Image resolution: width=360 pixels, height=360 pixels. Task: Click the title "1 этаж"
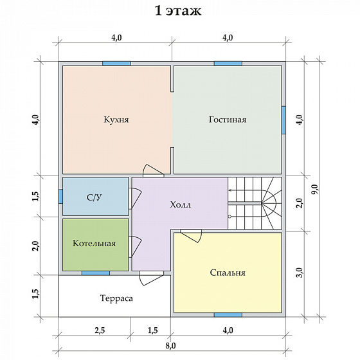click(x=178, y=10)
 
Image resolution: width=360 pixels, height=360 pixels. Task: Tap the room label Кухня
click(x=116, y=120)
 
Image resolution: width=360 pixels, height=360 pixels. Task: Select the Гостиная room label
click(x=228, y=120)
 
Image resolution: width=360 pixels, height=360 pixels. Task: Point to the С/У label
click(x=94, y=197)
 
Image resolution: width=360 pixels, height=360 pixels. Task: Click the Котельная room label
click(x=94, y=244)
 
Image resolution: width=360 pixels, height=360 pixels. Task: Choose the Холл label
click(x=180, y=204)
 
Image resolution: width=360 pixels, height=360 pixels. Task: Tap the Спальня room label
click(x=228, y=273)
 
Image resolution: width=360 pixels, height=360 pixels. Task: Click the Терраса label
click(x=116, y=298)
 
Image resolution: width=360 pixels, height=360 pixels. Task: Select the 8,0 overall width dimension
click(x=170, y=346)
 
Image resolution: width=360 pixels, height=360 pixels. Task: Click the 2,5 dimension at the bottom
click(x=100, y=330)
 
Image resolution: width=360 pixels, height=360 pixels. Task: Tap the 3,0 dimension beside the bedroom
click(x=300, y=273)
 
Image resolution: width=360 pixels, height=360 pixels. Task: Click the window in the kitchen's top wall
click(x=116, y=64)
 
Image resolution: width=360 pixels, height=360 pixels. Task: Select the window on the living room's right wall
click(x=283, y=120)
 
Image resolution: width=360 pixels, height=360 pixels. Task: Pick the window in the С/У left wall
click(x=60, y=196)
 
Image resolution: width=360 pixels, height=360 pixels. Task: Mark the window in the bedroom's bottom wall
click(x=228, y=315)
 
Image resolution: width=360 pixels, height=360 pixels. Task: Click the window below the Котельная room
click(x=96, y=273)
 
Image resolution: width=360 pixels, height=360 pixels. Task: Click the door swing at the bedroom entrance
click(x=191, y=235)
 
